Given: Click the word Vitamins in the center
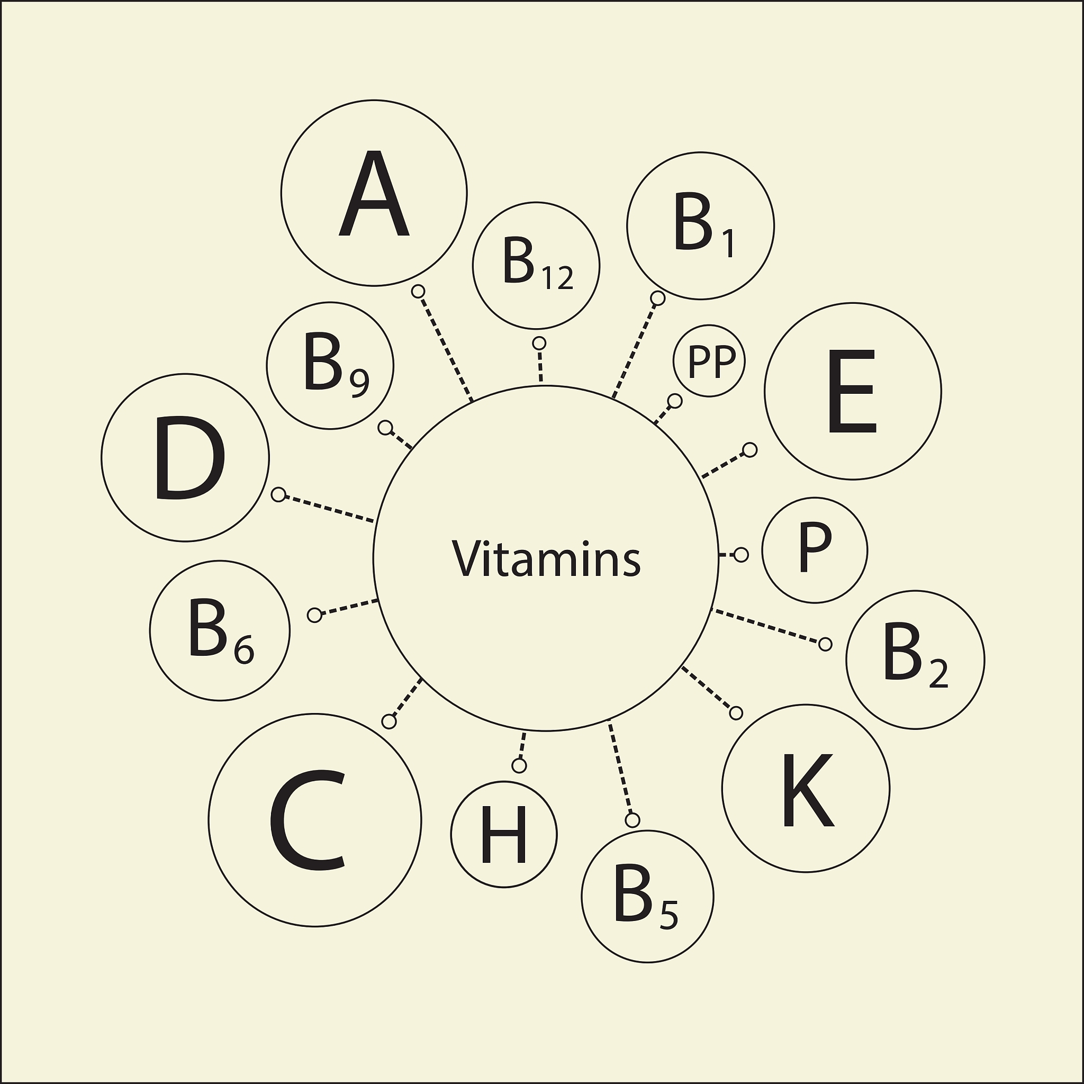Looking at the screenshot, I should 546,559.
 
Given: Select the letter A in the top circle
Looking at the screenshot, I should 374,194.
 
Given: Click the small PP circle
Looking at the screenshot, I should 710,361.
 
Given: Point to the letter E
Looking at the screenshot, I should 852,392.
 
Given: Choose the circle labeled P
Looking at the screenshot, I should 815,550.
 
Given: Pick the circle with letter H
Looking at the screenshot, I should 504,835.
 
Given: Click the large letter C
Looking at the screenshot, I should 308,820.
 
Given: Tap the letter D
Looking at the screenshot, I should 189,458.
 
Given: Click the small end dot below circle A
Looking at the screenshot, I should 418,291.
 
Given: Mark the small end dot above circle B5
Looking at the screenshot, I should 633,820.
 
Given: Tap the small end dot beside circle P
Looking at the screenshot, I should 741,555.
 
